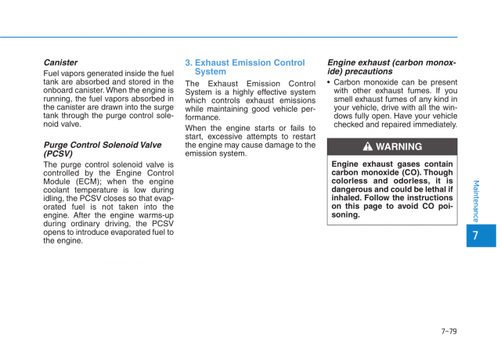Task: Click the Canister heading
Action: [60, 63]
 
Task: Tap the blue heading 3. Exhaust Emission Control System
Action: [244, 67]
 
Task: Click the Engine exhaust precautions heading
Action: [391, 67]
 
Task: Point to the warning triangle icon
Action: [367, 147]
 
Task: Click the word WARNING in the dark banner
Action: [398, 147]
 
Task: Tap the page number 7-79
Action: [449, 331]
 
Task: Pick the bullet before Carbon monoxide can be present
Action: [330, 82]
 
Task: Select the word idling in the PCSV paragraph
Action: [56, 199]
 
